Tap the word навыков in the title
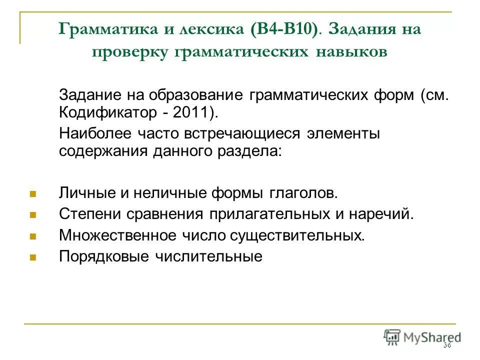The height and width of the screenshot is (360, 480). (x=351, y=52)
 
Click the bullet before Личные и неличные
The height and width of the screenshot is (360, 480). (x=32, y=193)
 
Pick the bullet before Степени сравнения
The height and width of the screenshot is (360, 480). (x=32, y=214)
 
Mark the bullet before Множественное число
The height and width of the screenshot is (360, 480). (x=32, y=235)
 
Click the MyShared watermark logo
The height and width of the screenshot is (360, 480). (x=422, y=337)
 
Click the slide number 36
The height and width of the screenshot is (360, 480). (x=446, y=346)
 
